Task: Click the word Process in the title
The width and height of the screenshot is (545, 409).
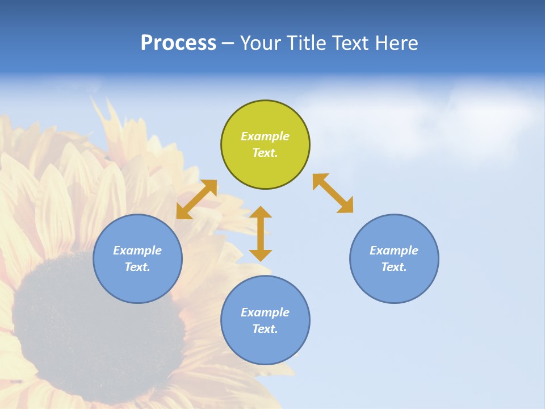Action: click(x=178, y=43)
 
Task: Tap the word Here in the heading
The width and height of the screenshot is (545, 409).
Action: click(x=397, y=43)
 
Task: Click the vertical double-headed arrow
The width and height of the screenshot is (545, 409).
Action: click(x=261, y=233)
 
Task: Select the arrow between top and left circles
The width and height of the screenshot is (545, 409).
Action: click(x=196, y=199)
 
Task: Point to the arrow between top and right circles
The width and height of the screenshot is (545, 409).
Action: click(x=333, y=193)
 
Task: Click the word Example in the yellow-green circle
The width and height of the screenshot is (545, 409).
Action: click(x=265, y=136)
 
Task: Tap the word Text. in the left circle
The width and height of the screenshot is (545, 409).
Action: click(x=137, y=267)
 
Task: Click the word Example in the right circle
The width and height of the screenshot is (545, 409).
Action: click(x=394, y=251)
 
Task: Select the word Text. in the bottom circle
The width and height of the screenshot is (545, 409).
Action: click(x=265, y=329)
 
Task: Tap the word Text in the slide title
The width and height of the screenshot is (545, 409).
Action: click(x=352, y=43)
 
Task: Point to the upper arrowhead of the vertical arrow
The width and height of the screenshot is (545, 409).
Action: click(x=261, y=212)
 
